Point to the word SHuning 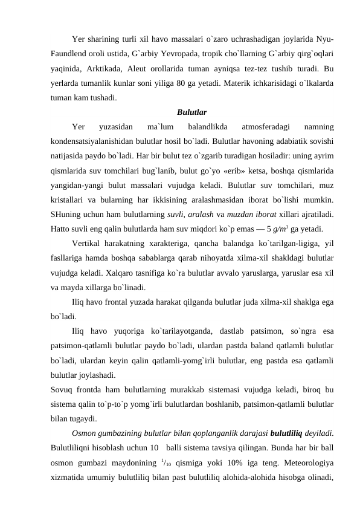(68, 214)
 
